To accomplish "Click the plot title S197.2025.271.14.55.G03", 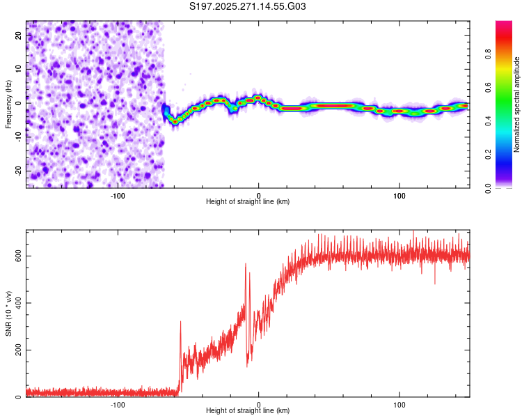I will pyautogui.click(x=248, y=7).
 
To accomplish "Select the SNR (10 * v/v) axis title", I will pyautogui.click(x=8, y=315).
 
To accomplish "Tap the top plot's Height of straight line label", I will pyautogui.click(x=248, y=201).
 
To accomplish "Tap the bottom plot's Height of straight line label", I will pyautogui.click(x=248, y=410).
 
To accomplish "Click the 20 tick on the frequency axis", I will pyautogui.click(x=19, y=34).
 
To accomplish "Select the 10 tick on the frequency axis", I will pyautogui.click(x=19, y=68).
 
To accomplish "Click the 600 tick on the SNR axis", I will pyautogui.click(x=19, y=256).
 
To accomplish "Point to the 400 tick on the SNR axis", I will pyautogui.click(x=19, y=303).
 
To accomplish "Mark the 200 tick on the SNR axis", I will pyautogui.click(x=19, y=350).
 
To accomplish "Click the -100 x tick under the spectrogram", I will pyautogui.click(x=118, y=194).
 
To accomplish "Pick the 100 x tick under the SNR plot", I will pyautogui.click(x=400, y=403).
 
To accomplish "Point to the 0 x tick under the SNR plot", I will pyautogui.click(x=259, y=403).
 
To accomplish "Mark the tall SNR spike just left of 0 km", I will pyautogui.click(x=246, y=265).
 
